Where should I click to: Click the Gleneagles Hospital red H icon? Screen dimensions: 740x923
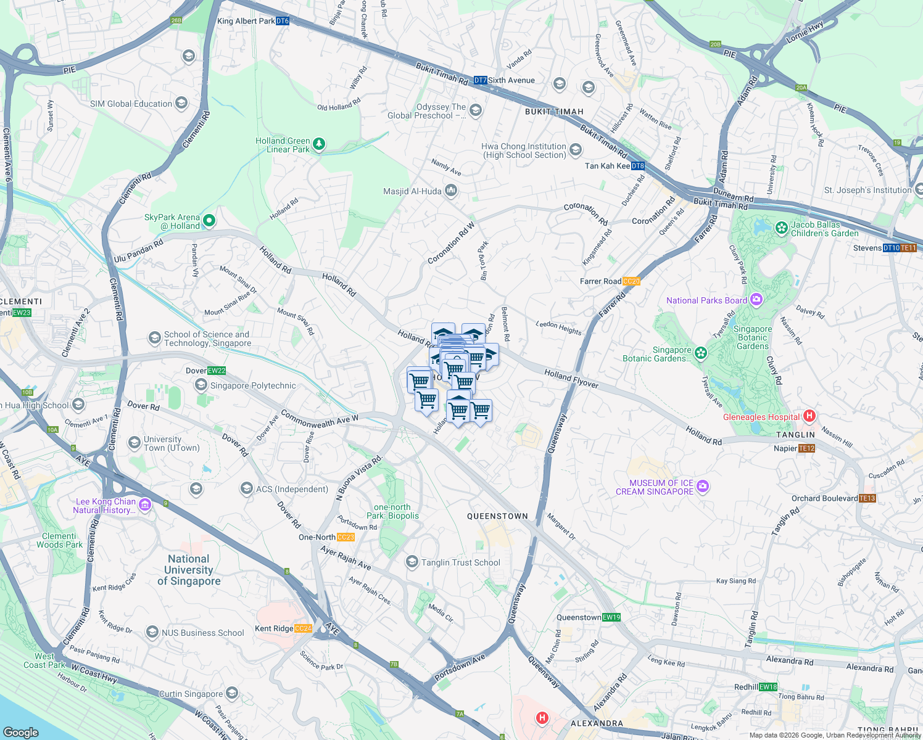point(810,416)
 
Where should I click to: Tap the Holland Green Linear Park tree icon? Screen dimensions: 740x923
point(318,144)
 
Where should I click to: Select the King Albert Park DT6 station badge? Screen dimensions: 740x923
point(283,21)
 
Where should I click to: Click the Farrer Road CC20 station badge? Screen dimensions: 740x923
point(631,281)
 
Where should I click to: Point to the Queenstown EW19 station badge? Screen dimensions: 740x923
point(611,617)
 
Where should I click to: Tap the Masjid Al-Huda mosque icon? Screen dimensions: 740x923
point(451,191)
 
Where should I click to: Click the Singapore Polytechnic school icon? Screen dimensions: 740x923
point(201,385)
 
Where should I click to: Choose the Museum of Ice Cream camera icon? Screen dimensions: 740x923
point(703,487)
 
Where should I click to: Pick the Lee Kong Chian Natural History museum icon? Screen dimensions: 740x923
point(145,505)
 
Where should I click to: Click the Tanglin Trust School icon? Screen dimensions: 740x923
point(412,562)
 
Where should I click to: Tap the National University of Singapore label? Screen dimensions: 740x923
point(189,570)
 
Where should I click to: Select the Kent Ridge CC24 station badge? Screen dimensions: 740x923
point(303,628)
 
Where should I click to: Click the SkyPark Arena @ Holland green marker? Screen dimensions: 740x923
point(209,220)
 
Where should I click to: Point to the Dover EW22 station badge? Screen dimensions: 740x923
point(217,371)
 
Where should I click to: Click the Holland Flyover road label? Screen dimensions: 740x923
point(571,379)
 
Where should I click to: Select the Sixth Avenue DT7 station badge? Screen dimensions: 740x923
point(480,80)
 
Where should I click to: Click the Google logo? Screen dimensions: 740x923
point(22,732)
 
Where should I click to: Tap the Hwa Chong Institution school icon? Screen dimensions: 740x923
point(575,150)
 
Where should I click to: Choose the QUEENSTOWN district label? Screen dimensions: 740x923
point(497,516)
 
